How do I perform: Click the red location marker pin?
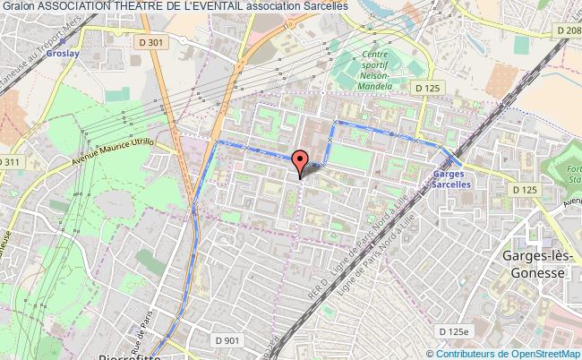[300, 161]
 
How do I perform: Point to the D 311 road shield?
[10, 162]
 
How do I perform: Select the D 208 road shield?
[567, 30]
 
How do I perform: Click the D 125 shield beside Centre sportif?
[427, 88]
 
